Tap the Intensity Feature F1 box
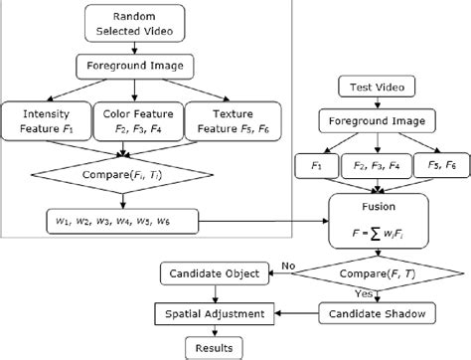pyautogui.click(x=44, y=121)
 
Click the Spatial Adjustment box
pyautogui.click(x=213, y=313)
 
